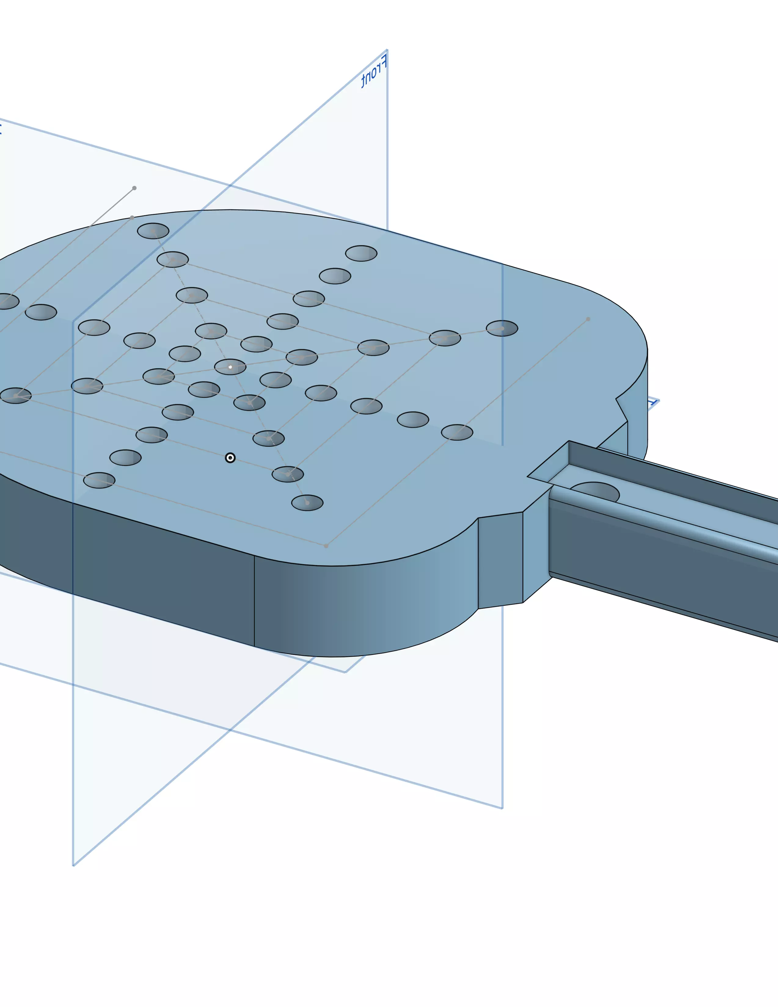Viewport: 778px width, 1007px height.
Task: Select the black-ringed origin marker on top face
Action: click(x=230, y=457)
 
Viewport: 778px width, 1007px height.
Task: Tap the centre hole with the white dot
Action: click(x=230, y=367)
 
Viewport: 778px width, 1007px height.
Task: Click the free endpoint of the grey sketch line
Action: click(x=134, y=188)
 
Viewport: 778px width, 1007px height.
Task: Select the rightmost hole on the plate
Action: click(x=502, y=328)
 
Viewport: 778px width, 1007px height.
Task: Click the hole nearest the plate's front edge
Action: click(x=307, y=503)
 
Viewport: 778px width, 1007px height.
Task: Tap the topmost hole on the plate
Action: click(x=153, y=231)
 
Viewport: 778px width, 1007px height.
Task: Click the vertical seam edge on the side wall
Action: click(x=254, y=599)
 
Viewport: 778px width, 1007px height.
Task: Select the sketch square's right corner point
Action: click(x=588, y=319)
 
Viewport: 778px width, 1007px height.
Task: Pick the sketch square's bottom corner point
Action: click(x=326, y=546)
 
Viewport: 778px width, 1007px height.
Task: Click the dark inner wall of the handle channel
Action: click(x=668, y=475)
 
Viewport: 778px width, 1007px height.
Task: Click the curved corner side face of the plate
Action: click(x=369, y=609)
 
